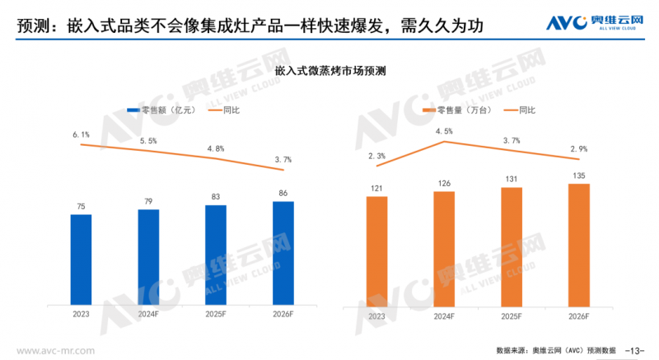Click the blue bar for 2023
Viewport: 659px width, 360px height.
(81, 259)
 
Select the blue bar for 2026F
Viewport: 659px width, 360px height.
(283, 252)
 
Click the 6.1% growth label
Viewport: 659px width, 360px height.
(81, 134)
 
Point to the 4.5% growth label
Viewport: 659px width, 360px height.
(444, 131)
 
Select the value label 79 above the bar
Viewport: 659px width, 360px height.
(148, 200)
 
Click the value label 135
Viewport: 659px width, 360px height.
(579, 175)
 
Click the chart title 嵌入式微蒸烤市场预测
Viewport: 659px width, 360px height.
(329, 72)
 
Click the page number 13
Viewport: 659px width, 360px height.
(635, 349)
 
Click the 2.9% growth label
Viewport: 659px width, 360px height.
(579, 148)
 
